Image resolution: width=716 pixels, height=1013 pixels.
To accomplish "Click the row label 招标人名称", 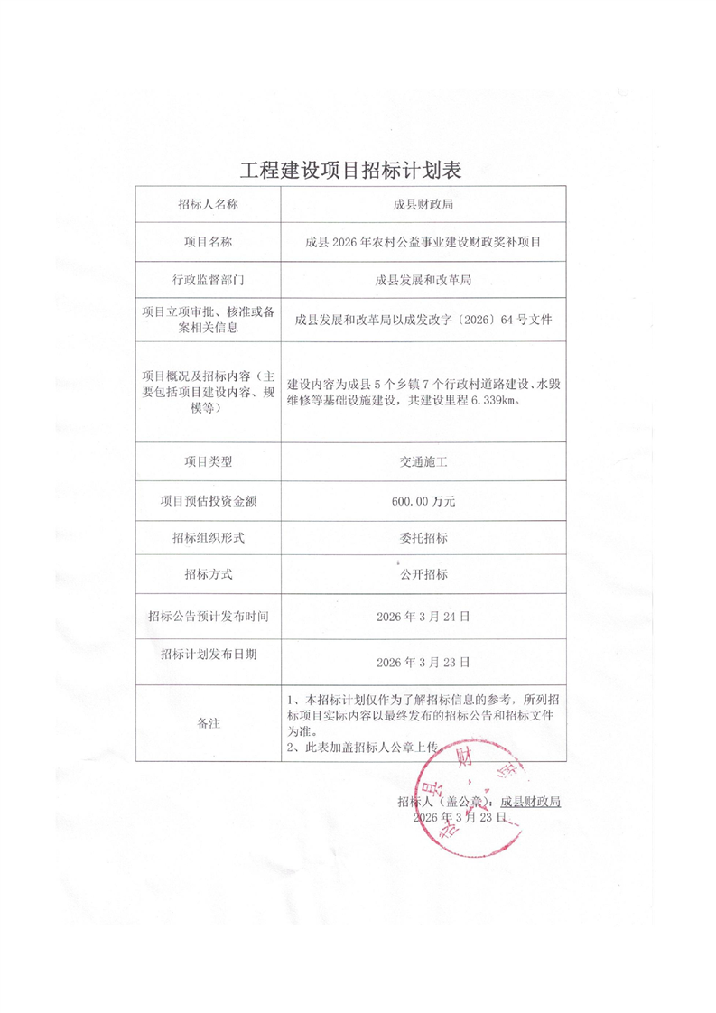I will tap(208, 204).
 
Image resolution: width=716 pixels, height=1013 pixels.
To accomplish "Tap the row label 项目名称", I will tap(208, 242).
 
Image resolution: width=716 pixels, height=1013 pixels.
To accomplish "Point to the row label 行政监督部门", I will tap(208, 280).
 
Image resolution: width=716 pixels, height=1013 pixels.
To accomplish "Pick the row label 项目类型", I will tap(208, 461).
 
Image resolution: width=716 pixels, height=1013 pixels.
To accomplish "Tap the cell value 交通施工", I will tap(423, 461).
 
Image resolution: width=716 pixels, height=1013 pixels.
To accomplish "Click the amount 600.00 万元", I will tap(423, 500).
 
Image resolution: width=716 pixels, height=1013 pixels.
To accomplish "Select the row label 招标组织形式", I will tap(208, 538).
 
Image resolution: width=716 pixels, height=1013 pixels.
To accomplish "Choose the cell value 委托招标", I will tap(423, 538).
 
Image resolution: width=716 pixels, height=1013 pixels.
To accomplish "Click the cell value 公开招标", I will tap(423, 575).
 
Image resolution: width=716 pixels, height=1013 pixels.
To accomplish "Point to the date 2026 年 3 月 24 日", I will tap(423, 617).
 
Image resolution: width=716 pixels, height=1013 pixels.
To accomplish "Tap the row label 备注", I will tap(208, 723).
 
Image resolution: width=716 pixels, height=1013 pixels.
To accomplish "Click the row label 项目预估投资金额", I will tap(208, 500).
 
